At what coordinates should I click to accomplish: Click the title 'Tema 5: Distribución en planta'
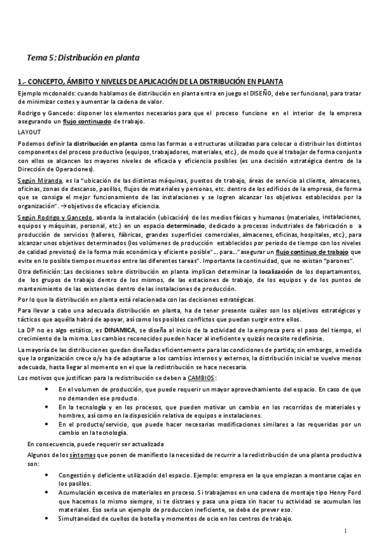click(83, 58)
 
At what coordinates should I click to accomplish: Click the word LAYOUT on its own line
click(28, 131)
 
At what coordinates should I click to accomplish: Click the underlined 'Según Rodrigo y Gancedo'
click(55, 217)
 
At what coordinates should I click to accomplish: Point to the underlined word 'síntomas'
click(84, 454)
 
